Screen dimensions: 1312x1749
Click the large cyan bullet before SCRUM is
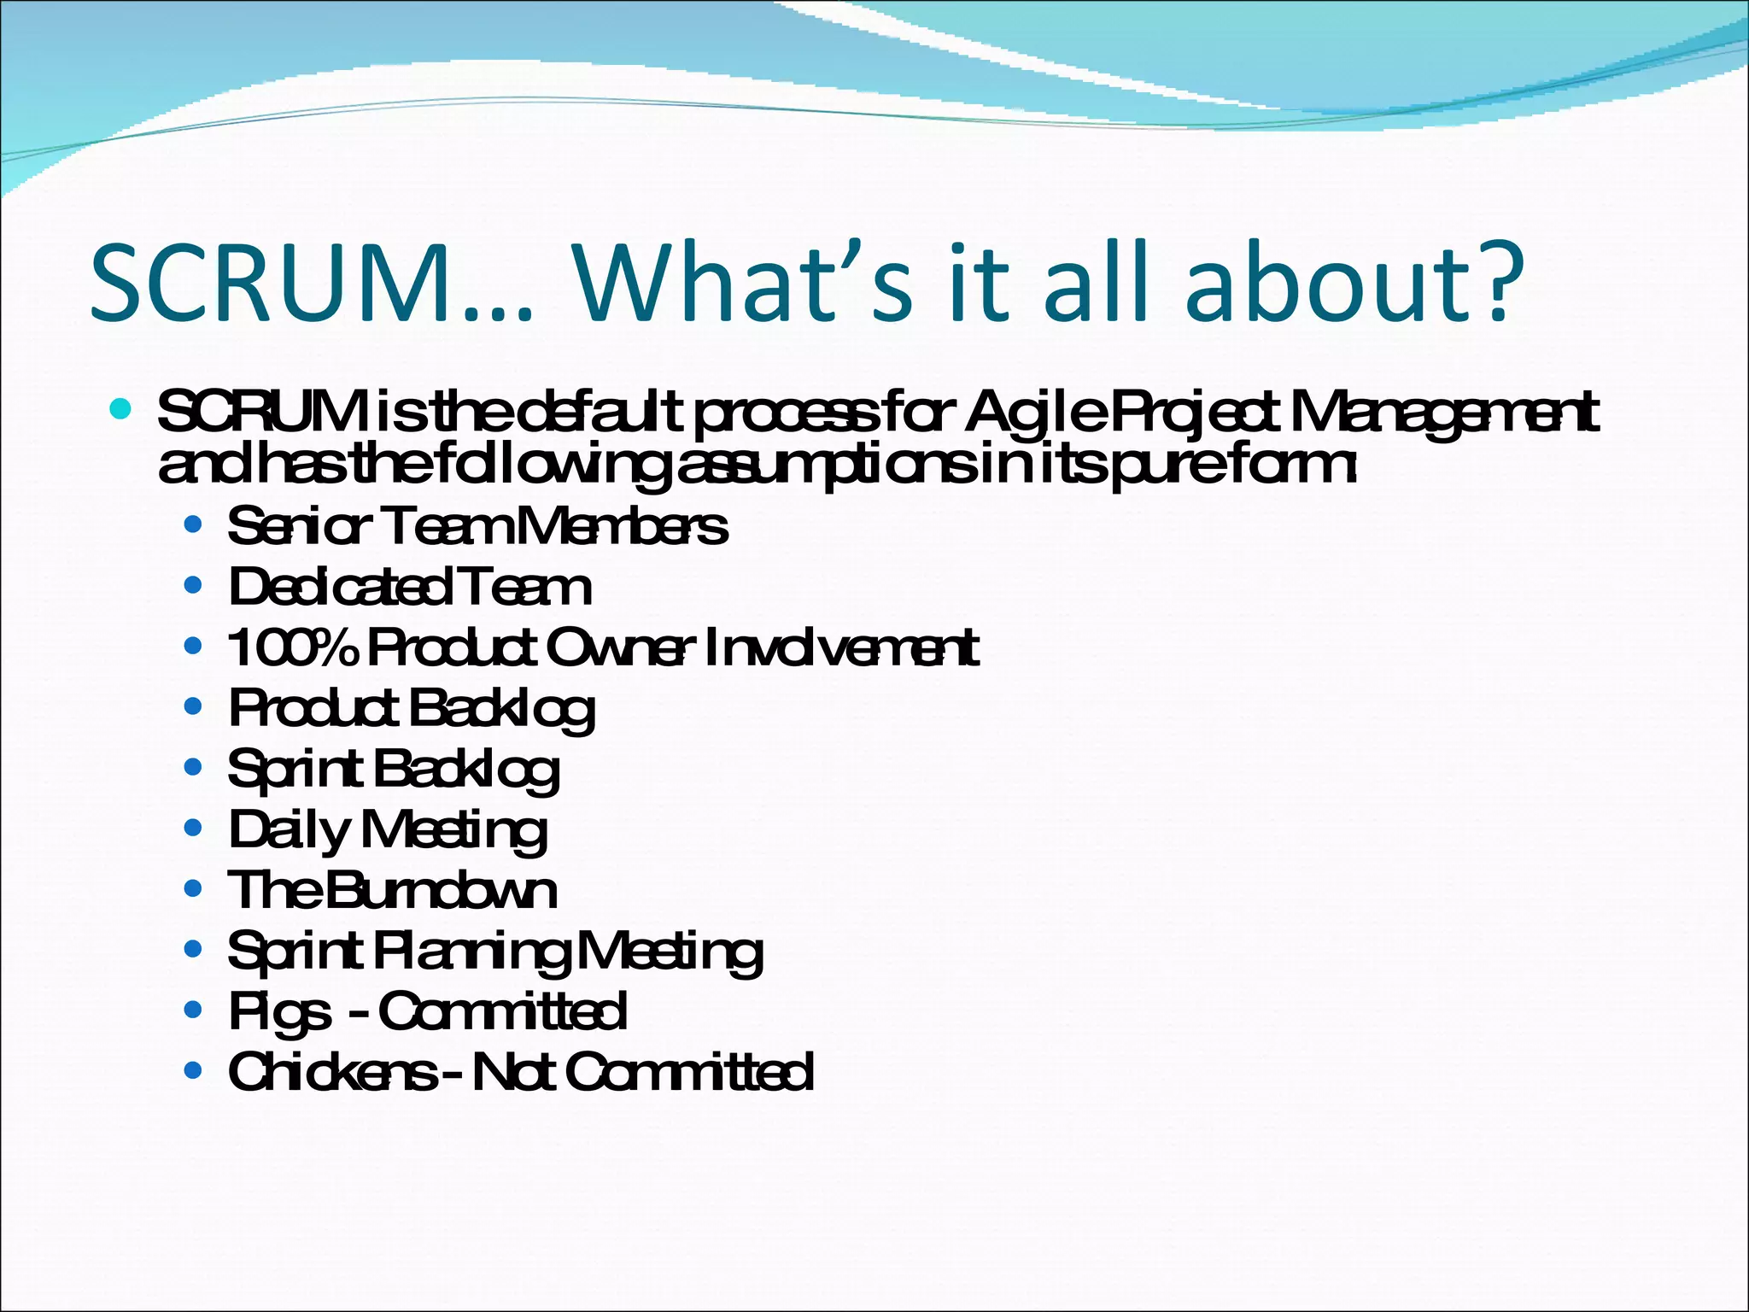click(x=120, y=409)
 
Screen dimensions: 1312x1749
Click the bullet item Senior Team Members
click(x=477, y=526)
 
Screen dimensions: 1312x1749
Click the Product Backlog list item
click(x=411, y=709)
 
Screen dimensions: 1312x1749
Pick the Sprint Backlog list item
click(x=392, y=770)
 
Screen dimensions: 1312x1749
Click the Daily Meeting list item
click(x=387, y=830)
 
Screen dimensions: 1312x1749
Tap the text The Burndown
click(x=391, y=891)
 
